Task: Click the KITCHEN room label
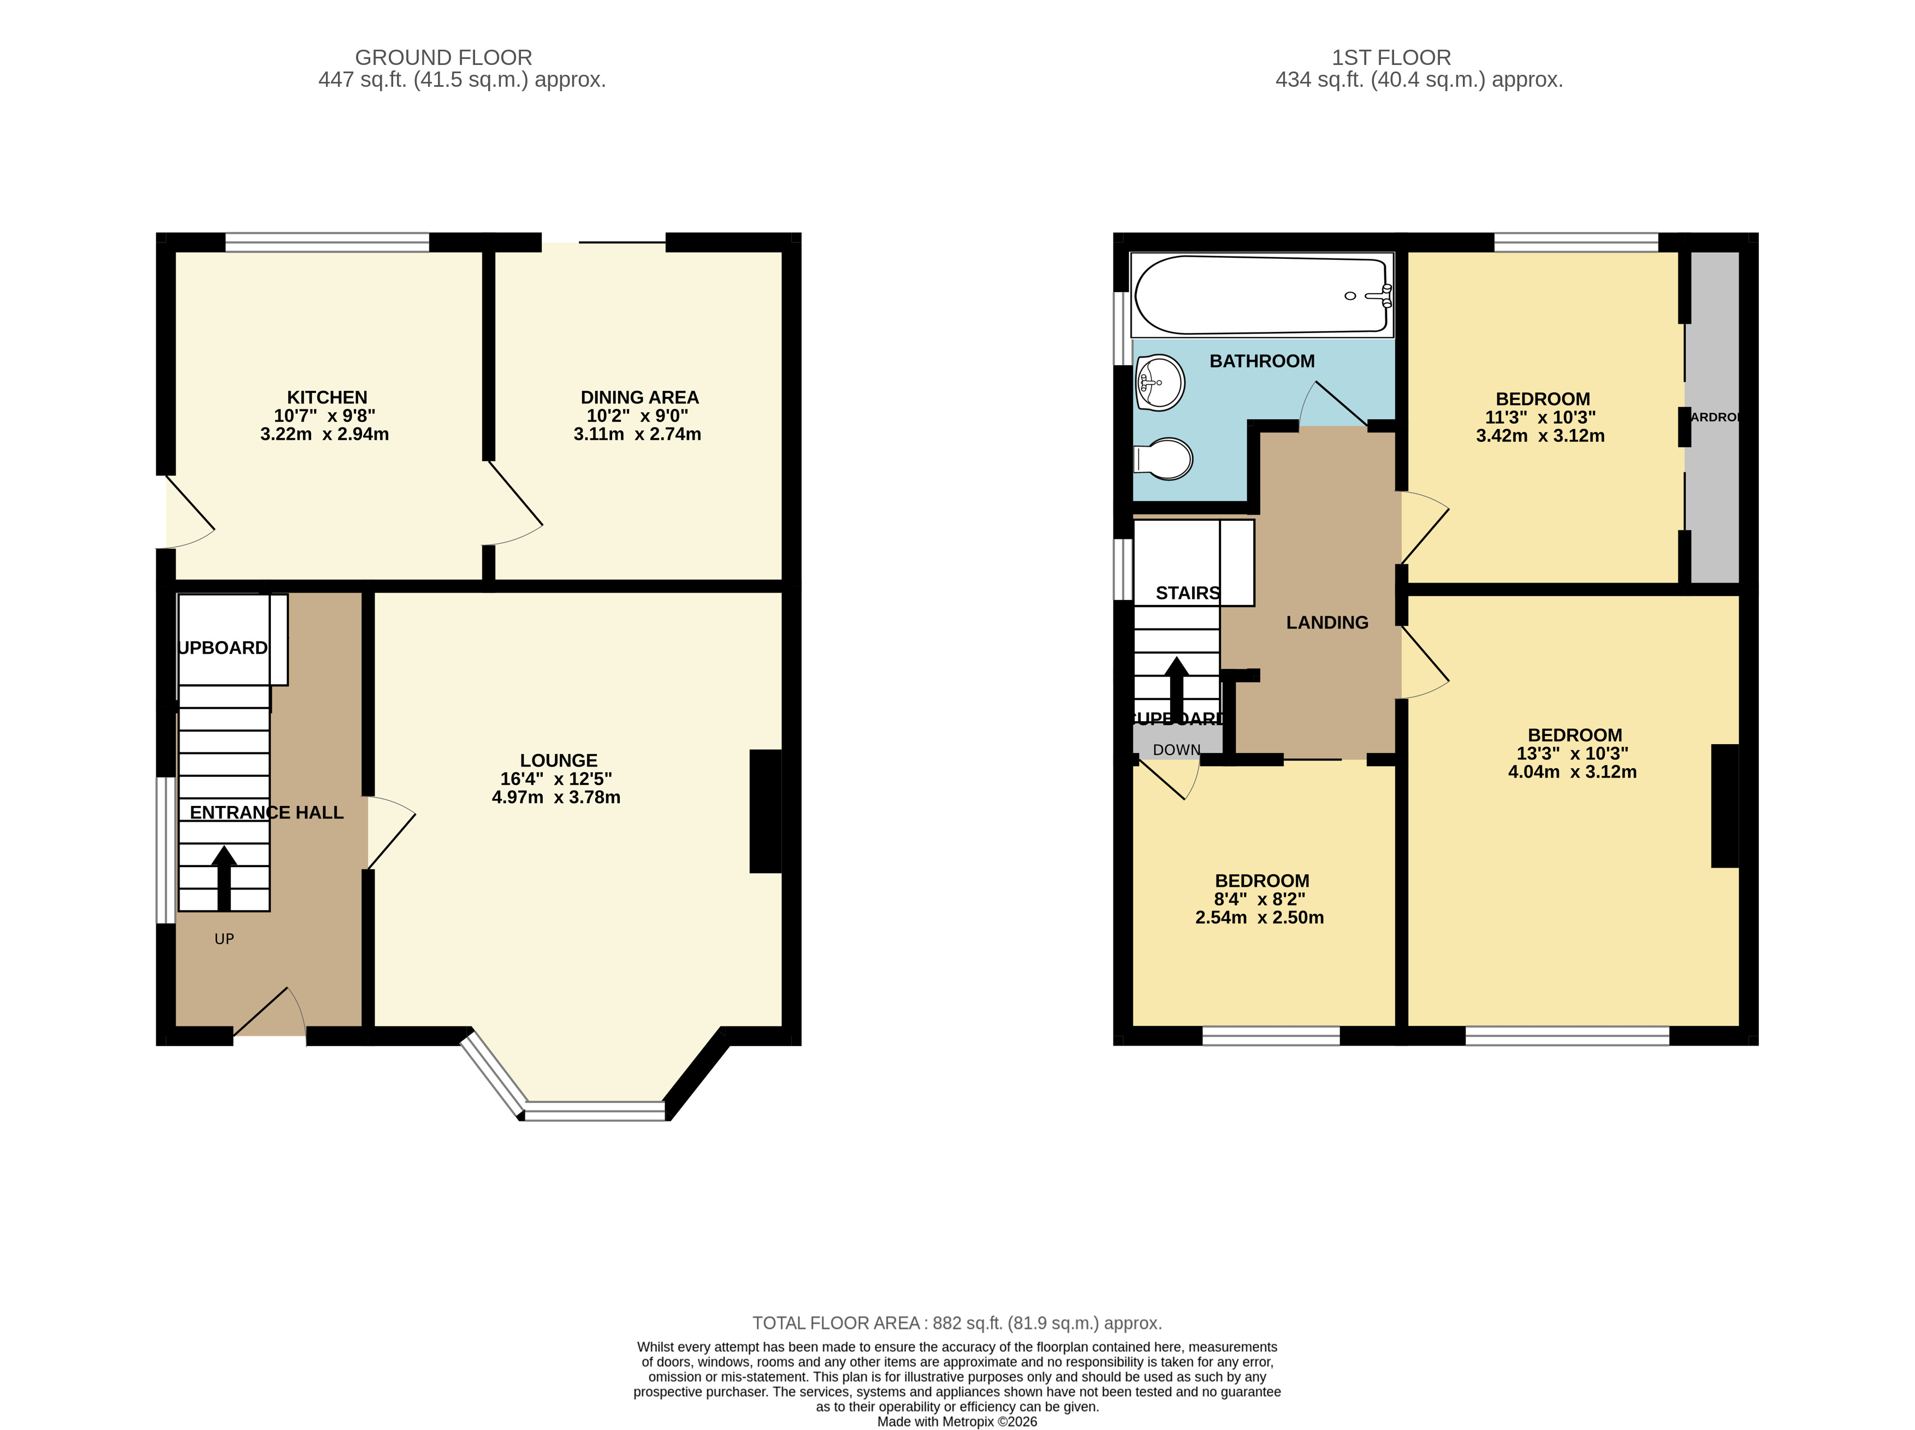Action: pos(327,397)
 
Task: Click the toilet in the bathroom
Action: pos(1164,459)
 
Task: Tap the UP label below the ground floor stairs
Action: pos(224,939)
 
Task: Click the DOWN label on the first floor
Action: pos(1177,750)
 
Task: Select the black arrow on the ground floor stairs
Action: pos(224,877)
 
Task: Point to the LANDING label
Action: pos(1326,622)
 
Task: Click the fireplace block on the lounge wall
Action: pos(766,811)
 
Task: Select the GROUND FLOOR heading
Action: pos(443,57)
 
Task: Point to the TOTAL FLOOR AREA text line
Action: pos(957,1322)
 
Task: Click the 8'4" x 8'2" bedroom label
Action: pos(1260,899)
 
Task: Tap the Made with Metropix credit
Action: pos(957,1421)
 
